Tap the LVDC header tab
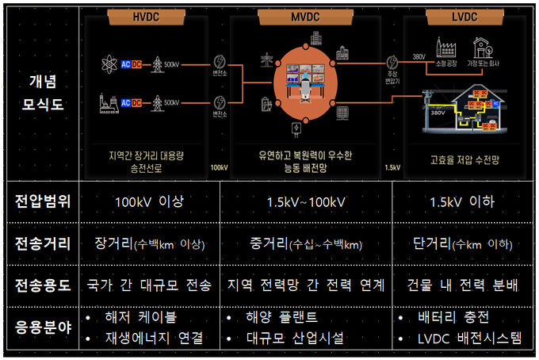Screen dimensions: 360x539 462,16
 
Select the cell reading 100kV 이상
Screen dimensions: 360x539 148,201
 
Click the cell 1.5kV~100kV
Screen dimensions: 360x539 307,201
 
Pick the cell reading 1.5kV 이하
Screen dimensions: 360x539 463,201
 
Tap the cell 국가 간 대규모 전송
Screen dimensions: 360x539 150,284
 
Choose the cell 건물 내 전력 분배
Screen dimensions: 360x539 463,284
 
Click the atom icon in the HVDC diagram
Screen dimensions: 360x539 109,63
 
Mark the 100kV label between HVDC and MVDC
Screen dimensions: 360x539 219,167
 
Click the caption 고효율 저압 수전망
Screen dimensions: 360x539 464,159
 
